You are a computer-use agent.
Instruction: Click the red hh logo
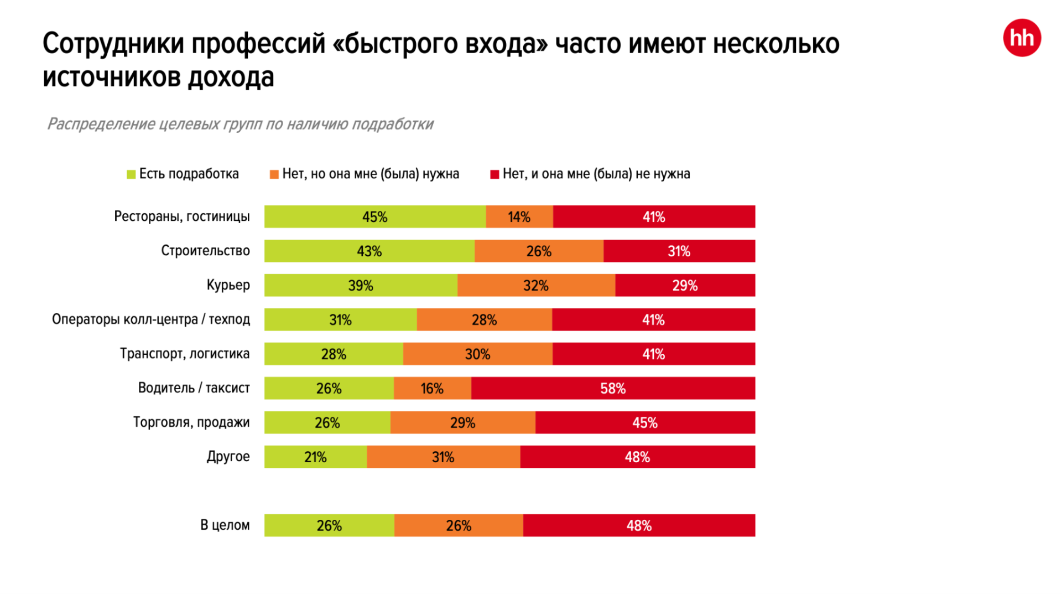pos(1022,38)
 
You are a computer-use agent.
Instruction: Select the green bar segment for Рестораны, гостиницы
pos(374,216)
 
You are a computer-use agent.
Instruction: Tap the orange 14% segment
pos(519,216)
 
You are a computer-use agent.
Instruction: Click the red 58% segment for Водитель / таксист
pos(613,388)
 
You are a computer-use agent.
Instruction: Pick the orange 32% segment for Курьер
pos(536,285)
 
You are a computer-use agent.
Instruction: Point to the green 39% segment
pos(361,285)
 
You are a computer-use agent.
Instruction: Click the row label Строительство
pos(205,251)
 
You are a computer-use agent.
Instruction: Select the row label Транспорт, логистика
pos(185,354)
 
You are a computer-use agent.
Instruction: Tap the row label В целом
pos(225,525)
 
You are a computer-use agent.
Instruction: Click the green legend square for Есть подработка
pos(131,174)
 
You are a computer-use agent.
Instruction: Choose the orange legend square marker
pos(274,174)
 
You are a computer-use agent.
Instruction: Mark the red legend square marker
pos(494,174)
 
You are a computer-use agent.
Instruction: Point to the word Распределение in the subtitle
pos(101,124)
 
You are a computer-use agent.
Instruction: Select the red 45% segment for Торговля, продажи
pos(645,422)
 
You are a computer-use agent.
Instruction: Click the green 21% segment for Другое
pos(315,457)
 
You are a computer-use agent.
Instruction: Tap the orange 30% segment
pos(477,354)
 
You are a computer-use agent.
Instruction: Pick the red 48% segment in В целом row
pos(639,525)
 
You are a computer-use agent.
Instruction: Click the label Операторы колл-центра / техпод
pos(151,319)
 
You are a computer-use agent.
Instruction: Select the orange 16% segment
pos(432,388)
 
